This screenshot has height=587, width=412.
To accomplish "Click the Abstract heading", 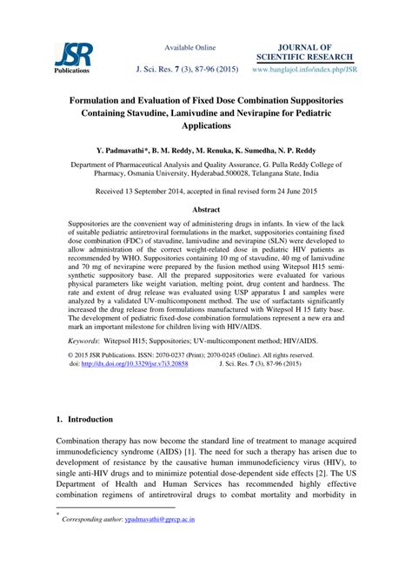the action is point(205,209).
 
